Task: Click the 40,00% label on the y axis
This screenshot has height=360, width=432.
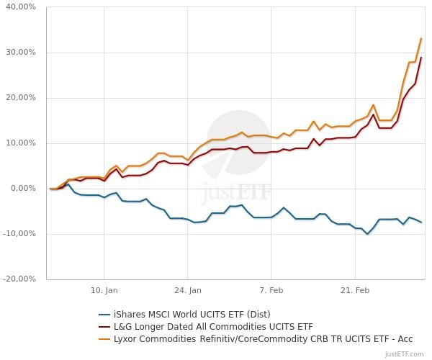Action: (21, 7)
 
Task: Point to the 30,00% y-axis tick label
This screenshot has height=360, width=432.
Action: (21, 53)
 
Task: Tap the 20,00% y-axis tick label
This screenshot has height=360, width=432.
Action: (21, 98)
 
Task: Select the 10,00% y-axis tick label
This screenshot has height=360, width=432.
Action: (21, 143)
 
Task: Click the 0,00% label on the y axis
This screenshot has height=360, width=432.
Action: (23, 189)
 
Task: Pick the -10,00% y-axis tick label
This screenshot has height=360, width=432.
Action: (19, 234)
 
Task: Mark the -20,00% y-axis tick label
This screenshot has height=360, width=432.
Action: (19, 279)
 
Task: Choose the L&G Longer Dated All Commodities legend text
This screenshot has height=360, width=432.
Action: (212, 326)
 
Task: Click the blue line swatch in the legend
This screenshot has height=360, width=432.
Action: (104, 314)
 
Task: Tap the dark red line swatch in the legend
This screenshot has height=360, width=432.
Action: (104, 326)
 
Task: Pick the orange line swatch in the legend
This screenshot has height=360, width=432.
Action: (104, 338)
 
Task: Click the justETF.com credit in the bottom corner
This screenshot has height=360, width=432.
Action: (406, 354)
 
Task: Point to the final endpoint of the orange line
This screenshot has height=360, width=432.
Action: (421, 39)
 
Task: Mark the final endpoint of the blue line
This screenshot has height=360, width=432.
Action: (421, 222)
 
